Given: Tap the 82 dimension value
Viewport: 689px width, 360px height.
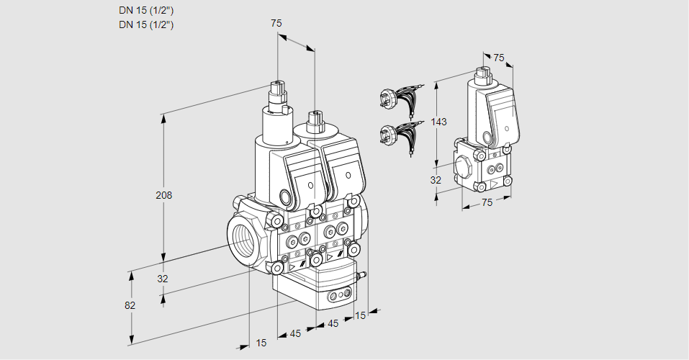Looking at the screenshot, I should pyautogui.click(x=130, y=305).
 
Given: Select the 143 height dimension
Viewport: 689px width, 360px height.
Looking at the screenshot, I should pyautogui.click(x=439, y=122).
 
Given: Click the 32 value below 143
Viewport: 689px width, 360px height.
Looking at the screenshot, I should pyautogui.click(x=436, y=180).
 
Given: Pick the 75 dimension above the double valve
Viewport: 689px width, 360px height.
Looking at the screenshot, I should pyautogui.click(x=276, y=24).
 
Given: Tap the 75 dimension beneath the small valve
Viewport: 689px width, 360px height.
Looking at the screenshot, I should pyautogui.click(x=487, y=202).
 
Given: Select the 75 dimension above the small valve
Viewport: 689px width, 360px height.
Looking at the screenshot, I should pyautogui.click(x=499, y=58).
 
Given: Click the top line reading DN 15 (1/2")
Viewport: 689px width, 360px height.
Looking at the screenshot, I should pyautogui.click(x=146, y=11).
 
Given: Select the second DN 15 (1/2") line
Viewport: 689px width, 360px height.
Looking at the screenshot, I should pyautogui.click(x=146, y=24).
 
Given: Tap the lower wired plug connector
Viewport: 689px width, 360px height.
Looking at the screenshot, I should pyautogui.click(x=397, y=135).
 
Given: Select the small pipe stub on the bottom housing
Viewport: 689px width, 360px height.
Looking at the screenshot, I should pyautogui.click(x=362, y=274).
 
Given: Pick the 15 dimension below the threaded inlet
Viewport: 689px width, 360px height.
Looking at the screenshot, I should pyautogui.click(x=261, y=343).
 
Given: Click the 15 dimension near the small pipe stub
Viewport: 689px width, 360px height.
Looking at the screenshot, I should pyautogui.click(x=361, y=315).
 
